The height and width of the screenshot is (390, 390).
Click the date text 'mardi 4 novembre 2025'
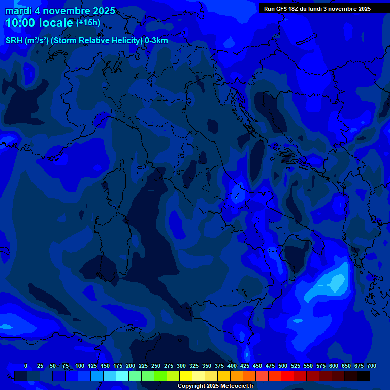(60, 11)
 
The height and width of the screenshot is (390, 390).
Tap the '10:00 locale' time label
(39, 23)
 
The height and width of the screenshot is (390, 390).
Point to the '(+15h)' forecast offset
(88, 23)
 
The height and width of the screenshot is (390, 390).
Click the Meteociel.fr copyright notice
(216, 386)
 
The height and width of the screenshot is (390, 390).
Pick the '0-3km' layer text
(156, 41)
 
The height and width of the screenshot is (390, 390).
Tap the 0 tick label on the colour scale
(26, 366)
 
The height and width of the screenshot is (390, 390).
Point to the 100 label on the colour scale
(80, 366)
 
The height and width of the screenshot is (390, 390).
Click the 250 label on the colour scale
(156, 366)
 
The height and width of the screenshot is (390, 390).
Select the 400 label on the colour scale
(232, 366)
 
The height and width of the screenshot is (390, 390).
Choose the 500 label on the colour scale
(283, 366)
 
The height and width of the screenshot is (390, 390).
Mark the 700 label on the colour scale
(372, 366)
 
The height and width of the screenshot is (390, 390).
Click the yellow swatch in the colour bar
(186, 376)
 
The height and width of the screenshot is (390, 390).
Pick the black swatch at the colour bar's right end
(364, 376)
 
